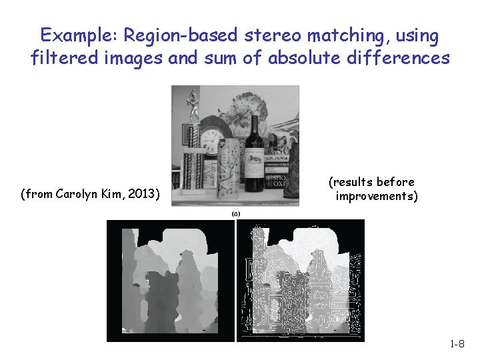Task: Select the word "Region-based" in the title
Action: (x=175, y=35)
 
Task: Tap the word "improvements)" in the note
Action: (x=377, y=196)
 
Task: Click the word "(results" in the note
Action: (x=351, y=182)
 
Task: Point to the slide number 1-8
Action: (x=457, y=344)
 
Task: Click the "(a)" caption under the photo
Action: (x=235, y=213)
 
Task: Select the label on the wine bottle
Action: (x=253, y=161)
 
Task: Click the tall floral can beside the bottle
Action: (x=229, y=170)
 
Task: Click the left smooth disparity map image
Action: (x=171, y=280)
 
